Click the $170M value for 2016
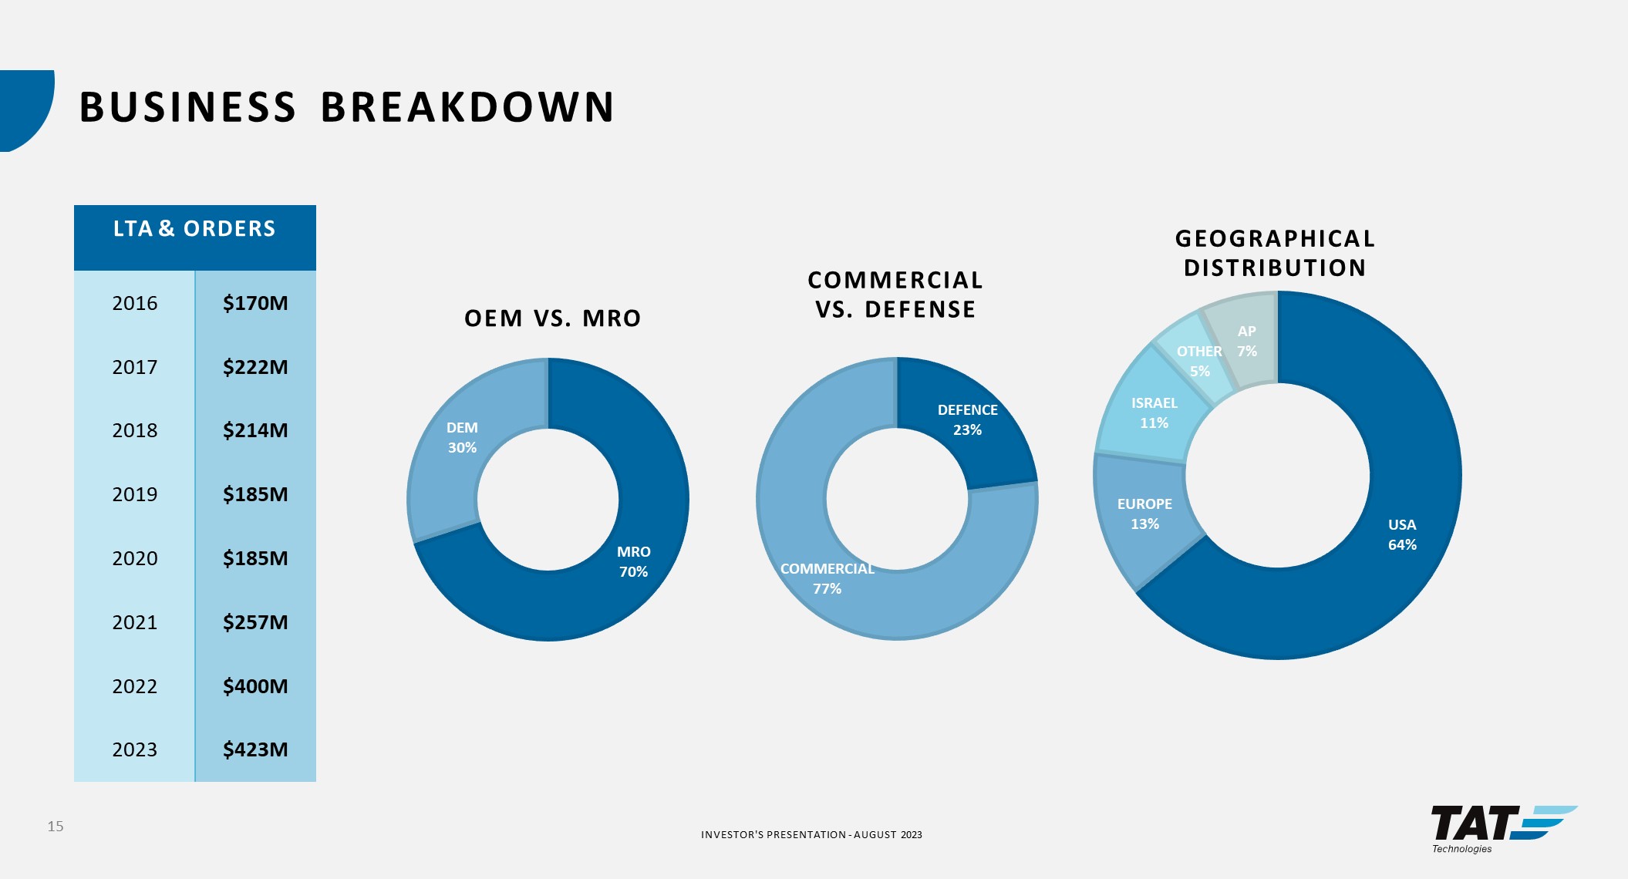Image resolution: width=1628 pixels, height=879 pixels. pos(255,303)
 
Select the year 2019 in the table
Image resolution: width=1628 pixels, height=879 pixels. pos(135,494)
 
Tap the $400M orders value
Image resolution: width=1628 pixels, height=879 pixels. pos(255,686)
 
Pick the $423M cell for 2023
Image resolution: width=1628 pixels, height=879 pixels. pos(255,749)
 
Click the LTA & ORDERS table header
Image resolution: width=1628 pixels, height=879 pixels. pos(194,229)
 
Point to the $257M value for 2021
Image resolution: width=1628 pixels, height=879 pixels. pos(255,622)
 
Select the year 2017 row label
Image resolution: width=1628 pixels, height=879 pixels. pos(135,367)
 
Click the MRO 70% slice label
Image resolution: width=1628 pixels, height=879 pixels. pos(633,561)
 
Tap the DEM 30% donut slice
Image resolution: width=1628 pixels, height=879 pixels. pos(462,438)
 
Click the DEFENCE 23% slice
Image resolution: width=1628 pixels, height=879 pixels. pos(967,420)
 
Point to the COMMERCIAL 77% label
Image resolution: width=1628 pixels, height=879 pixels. pos(827,578)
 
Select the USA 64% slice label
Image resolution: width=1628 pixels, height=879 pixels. pos(1402,534)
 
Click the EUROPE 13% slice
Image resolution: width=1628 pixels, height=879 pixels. pos(1144,514)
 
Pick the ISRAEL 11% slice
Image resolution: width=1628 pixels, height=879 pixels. pos(1154,413)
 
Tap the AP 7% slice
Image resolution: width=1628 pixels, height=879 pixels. pos(1246,341)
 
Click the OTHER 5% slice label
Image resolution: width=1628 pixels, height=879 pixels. pos(1199,361)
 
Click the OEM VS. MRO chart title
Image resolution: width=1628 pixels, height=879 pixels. pos(552,318)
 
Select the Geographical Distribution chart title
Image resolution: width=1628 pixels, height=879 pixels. pos(1275,253)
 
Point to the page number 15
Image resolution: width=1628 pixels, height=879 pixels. pos(56,827)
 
